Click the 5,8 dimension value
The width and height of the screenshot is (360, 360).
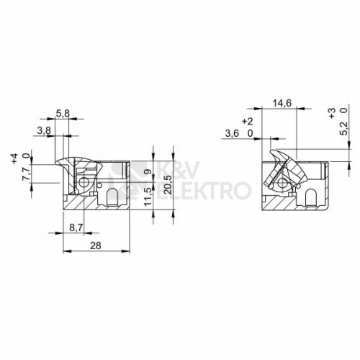[63, 113]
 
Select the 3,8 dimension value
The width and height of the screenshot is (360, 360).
[44, 131]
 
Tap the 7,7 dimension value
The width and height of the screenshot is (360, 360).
[26, 173]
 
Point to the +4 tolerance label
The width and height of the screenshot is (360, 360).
[14, 158]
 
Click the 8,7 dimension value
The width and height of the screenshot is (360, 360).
[76, 228]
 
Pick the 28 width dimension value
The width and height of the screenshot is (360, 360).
[96, 246]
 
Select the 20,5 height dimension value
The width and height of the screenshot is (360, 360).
[168, 184]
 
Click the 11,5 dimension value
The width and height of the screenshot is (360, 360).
[148, 197]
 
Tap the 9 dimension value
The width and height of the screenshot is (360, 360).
[148, 172]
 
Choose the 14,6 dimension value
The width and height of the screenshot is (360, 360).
[282, 104]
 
